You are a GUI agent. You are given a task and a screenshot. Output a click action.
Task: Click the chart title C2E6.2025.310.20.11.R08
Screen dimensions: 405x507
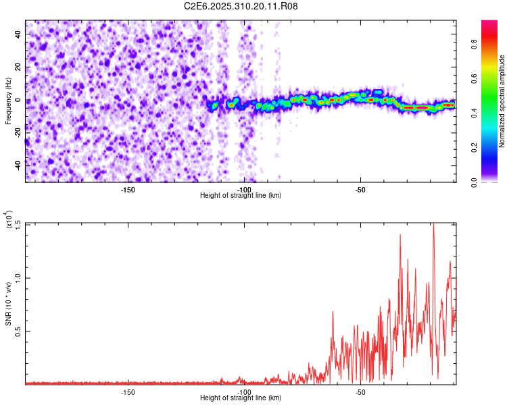241,6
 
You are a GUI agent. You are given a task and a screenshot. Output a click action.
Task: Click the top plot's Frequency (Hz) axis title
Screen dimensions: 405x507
8,101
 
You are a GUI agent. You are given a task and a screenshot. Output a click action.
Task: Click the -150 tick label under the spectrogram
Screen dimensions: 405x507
128,190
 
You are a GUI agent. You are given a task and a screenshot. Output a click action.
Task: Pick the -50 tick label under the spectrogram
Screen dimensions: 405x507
360,190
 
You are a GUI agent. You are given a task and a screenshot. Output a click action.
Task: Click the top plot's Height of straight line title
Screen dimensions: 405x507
241,196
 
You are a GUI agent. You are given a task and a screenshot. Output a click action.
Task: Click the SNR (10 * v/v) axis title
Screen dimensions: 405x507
8,303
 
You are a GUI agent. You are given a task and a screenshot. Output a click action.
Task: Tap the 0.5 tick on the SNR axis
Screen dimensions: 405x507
17,331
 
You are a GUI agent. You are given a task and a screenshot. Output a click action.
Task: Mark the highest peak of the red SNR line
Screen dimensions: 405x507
433,225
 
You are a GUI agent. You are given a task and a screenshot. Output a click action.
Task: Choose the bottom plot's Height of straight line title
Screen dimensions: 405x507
241,398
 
